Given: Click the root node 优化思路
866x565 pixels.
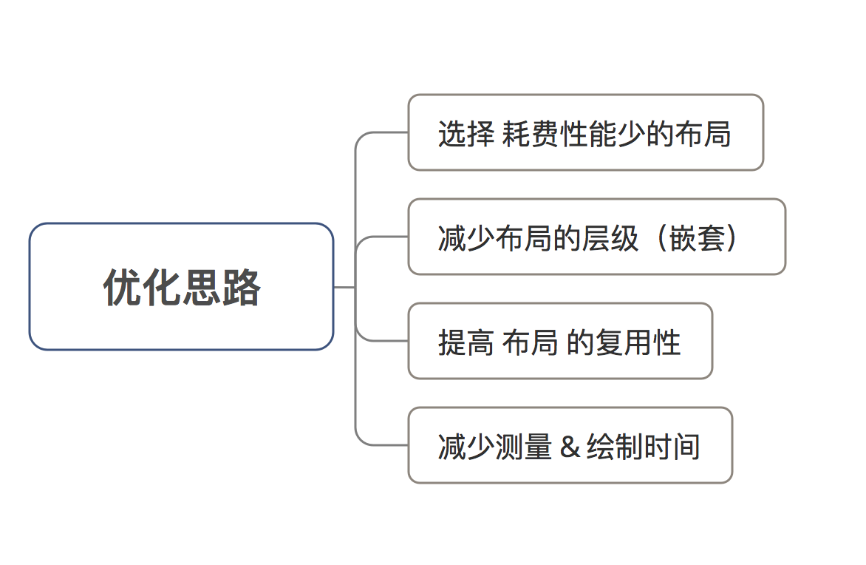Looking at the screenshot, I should click(181, 287).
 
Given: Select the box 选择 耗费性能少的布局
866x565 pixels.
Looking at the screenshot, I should click(585, 132).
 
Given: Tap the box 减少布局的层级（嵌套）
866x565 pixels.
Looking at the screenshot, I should click(596, 237).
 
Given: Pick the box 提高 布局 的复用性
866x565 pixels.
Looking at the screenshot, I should click(560, 341).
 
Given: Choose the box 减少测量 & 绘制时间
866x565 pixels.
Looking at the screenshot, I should click(570, 445).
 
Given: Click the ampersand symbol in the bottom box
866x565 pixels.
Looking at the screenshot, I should click(570, 447).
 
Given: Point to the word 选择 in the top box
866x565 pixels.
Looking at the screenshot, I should click(466, 134).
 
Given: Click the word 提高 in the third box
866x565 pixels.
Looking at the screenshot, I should click(466, 342).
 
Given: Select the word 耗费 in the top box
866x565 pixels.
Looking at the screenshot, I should click(531, 134).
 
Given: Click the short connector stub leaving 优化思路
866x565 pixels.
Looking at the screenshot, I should click(344, 287).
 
